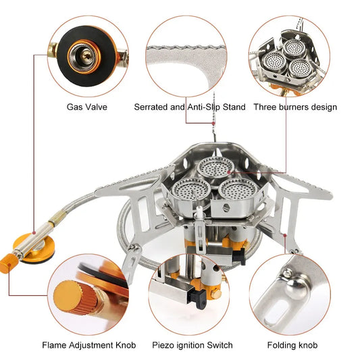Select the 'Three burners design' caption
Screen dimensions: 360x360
[295, 107]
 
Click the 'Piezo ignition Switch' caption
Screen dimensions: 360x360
[192, 345]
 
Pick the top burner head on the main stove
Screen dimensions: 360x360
[215, 168]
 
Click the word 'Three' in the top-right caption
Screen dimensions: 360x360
[265, 107]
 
